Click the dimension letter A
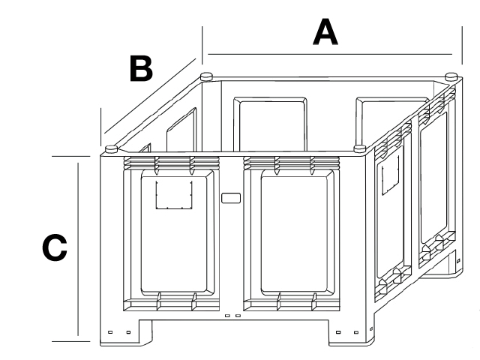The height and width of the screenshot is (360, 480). [x=325, y=32]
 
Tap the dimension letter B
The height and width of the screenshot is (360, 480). [x=141, y=68]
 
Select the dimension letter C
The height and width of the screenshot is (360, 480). [x=55, y=247]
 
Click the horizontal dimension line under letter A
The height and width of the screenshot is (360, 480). [x=330, y=54]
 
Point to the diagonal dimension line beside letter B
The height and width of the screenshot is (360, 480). [x=150, y=96]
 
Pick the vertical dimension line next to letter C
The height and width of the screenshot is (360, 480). [x=78, y=249]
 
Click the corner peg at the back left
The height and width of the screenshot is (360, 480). [x=207, y=76]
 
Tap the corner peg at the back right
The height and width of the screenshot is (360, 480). [x=451, y=76]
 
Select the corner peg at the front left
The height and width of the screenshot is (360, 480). [x=112, y=149]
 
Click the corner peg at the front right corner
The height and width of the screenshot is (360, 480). [x=360, y=148]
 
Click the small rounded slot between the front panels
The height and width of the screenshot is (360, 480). [x=231, y=198]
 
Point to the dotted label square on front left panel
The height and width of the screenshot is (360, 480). [x=174, y=195]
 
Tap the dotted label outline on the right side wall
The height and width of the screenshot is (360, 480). [x=390, y=175]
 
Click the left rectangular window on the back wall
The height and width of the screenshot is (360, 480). [x=270, y=124]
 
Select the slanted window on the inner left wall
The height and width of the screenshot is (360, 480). [x=181, y=130]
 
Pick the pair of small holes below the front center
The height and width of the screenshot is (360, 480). [x=232, y=316]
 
